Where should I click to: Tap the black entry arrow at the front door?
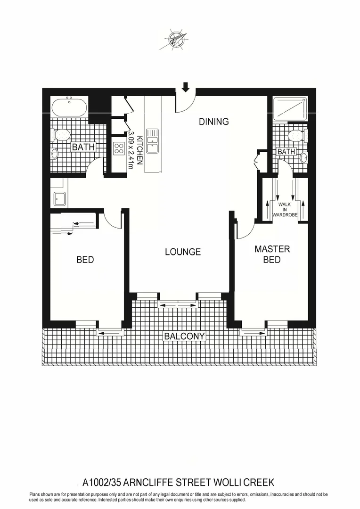185,87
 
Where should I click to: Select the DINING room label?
213,122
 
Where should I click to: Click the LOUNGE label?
183,252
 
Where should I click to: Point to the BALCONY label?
184,336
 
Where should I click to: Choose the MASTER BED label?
272,254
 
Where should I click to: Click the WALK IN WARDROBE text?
285,208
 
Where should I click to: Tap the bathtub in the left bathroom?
69,107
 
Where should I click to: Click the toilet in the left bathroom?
62,135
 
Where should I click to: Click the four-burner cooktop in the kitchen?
119,149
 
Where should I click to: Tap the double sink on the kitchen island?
152,142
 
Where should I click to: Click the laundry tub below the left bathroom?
59,198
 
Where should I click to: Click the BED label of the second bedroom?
85,260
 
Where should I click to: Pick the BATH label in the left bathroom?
83,147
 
